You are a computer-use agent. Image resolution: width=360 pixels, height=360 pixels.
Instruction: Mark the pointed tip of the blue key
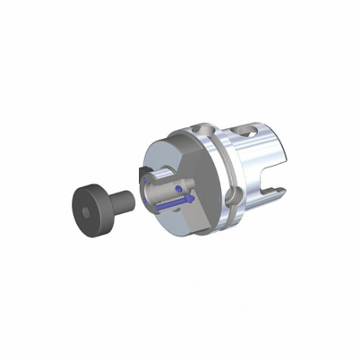[193, 198]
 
